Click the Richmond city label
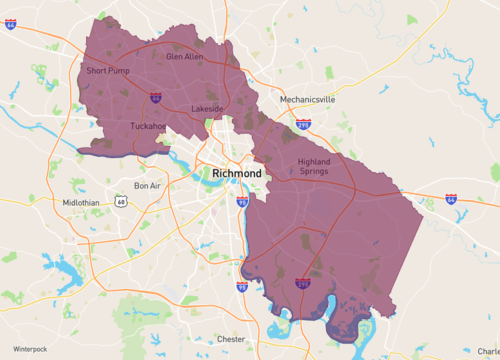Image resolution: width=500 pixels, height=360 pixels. [238, 173]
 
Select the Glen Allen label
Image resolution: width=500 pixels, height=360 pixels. [184, 57]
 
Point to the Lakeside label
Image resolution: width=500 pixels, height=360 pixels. [208, 108]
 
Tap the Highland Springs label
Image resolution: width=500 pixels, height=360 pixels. [321, 167]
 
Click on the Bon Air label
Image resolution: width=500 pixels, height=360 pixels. [148, 186]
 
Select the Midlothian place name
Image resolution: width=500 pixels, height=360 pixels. [81, 202]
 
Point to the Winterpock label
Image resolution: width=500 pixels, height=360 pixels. [30, 348]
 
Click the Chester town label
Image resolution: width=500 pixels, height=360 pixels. [231, 339]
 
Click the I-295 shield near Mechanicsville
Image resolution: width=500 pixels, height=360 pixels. [302, 126]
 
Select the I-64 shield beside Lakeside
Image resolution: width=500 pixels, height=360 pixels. [156, 98]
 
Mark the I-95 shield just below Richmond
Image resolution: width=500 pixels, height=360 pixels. [242, 203]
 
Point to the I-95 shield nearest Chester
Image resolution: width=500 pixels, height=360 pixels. [241, 287]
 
